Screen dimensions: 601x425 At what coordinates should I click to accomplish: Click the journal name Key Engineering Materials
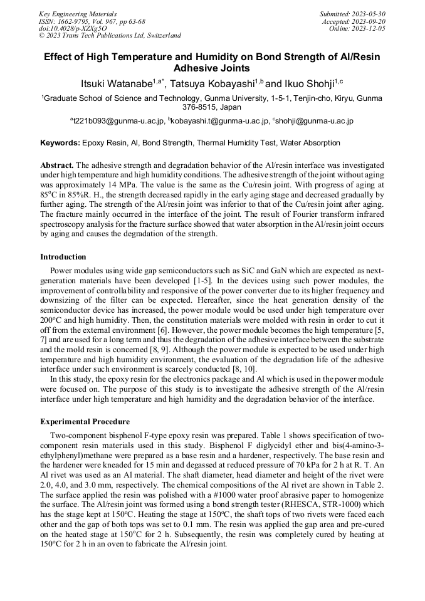tap(78, 13)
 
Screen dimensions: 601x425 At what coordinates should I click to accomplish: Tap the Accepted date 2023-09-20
tap(370, 21)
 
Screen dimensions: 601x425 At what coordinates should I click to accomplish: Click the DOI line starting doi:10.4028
tap(73, 28)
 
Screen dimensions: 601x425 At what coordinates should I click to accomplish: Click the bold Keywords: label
tap(60, 143)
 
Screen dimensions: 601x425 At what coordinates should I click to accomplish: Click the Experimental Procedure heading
tap(85, 421)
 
